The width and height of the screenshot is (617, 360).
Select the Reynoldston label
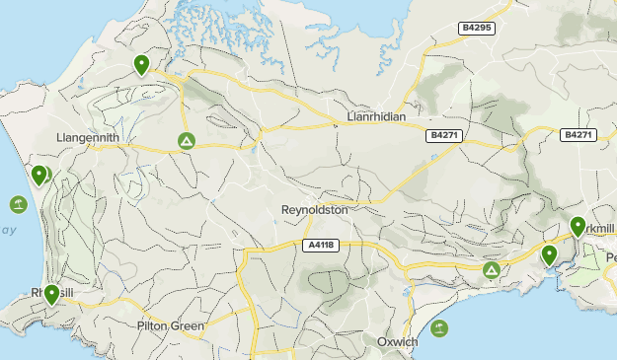point(315,210)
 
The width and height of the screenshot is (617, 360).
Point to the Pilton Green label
point(171,325)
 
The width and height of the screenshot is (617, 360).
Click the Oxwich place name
point(398,341)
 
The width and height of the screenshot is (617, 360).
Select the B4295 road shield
point(479,30)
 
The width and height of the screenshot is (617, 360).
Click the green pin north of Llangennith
point(142,65)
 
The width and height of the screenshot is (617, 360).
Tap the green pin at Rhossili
point(51,294)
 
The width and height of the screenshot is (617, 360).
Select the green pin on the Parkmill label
point(578,227)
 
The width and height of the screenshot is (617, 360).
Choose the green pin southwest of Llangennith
point(39,176)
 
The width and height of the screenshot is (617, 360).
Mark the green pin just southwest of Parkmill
point(550,255)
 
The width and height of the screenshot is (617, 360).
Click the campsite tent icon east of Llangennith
point(186,142)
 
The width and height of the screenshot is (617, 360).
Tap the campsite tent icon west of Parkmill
point(492,269)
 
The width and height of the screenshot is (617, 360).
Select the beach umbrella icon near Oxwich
point(438,327)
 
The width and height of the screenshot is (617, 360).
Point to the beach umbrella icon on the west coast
point(18,204)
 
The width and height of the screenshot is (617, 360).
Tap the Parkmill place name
point(600,229)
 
